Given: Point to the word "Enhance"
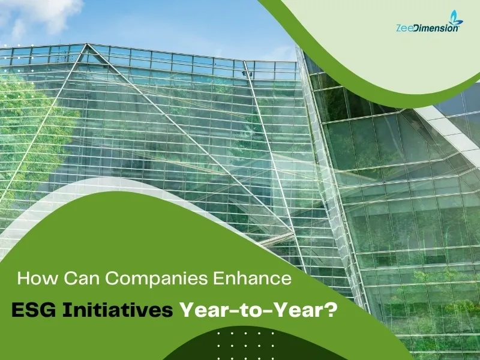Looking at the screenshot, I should (x=252, y=279).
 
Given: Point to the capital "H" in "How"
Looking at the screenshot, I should (x=25, y=279).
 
